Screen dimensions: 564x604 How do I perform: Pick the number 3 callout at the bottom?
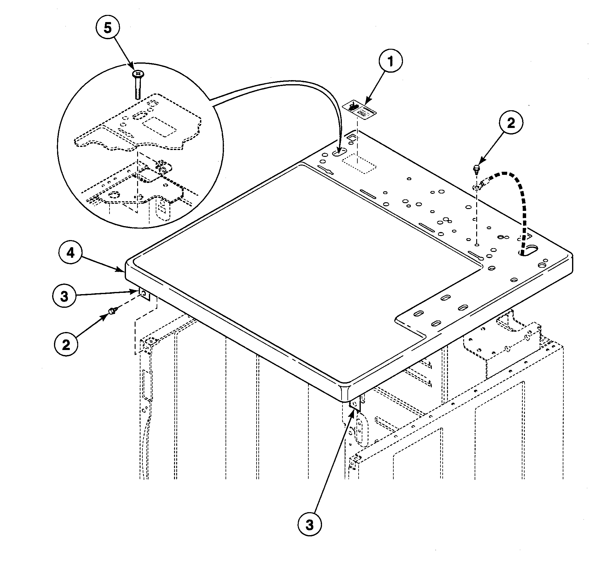point(309,525)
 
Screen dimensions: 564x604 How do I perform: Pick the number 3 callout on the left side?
point(64,296)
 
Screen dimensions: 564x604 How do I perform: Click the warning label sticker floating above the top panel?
point(359,110)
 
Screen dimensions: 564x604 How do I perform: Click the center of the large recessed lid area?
point(307,267)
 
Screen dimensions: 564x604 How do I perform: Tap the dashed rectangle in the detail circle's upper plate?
point(159,126)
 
